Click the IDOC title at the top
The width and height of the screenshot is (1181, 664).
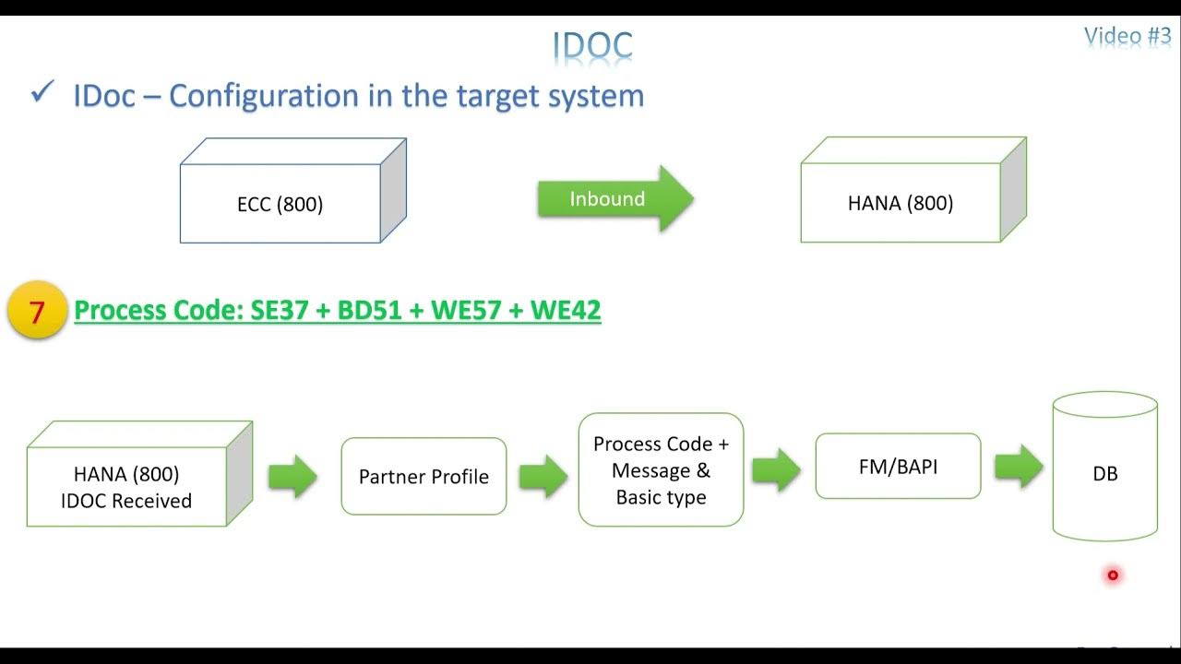pos(592,44)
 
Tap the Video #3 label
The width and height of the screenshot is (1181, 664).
pos(1127,36)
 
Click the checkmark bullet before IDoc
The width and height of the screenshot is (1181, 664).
pos(42,93)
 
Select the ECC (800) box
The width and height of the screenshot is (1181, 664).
pos(280,204)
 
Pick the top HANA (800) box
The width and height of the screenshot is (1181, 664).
pos(901,203)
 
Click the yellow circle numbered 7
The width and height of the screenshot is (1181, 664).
pos(37,312)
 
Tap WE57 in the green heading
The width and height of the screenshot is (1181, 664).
pos(466,311)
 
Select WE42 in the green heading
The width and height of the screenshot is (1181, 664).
pos(565,311)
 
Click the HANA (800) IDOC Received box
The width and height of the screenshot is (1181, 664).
pos(126,487)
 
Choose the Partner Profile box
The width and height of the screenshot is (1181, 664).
pos(423,477)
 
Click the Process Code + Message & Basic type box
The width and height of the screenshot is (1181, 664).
pos(661,470)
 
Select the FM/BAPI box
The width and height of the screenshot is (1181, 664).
pos(898,467)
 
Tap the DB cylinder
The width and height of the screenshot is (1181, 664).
pos(1104,472)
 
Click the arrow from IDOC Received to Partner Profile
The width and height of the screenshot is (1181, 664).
pos(292,477)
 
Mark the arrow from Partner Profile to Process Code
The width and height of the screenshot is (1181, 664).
pos(543,477)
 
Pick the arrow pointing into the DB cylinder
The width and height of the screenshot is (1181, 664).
pos(1018,467)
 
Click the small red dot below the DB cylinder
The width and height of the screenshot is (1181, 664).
pos(1113,575)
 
